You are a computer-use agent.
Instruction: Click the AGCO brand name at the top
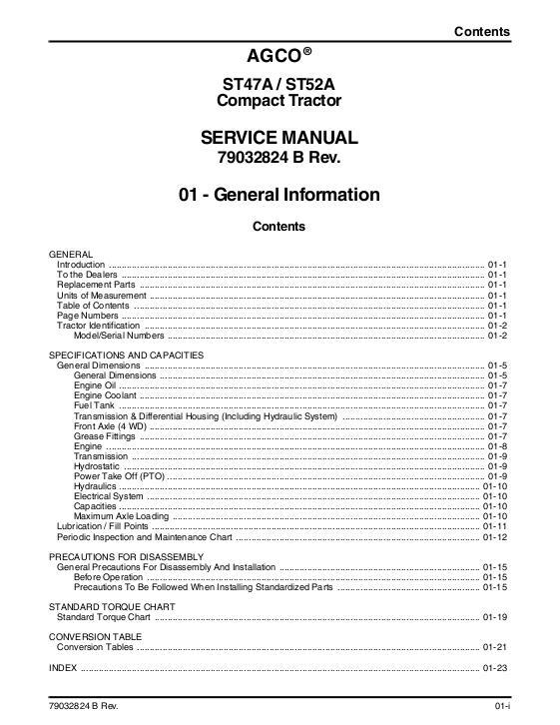[274, 55]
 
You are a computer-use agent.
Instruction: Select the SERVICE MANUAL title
[280, 138]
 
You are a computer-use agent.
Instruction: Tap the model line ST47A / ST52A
[280, 84]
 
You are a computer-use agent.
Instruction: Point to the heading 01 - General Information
[280, 195]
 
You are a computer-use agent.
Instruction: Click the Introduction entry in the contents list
[80, 264]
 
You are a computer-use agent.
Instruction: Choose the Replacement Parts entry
[96, 285]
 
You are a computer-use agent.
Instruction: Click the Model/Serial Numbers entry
[119, 336]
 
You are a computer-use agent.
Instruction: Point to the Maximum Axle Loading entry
[121, 516]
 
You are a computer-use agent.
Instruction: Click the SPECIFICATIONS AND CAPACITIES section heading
[126, 355]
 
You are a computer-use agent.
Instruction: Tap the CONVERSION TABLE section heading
[94, 636]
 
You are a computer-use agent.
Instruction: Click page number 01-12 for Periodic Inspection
[496, 537]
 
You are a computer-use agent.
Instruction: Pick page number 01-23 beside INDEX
[496, 667]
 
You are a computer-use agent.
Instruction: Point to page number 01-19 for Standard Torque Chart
[496, 617]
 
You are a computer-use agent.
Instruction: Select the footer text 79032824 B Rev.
[91, 707]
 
